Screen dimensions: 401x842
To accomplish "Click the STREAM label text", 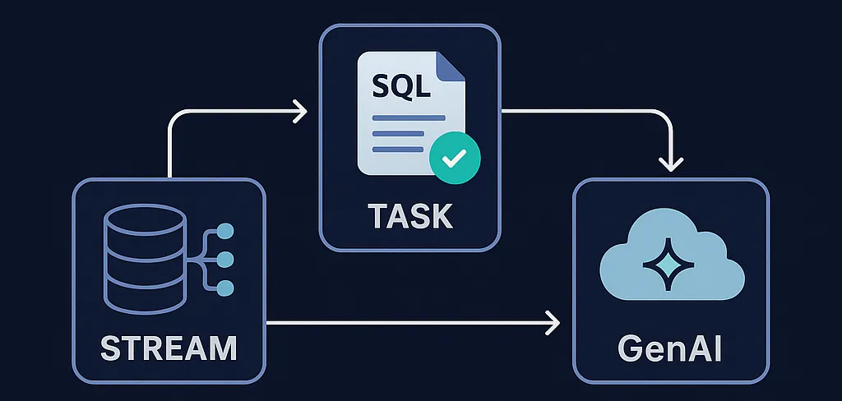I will click(x=168, y=348).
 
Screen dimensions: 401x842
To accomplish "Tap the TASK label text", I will click(x=409, y=215).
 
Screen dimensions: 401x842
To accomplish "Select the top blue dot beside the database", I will click(x=225, y=232).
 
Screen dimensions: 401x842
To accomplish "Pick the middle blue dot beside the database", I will click(x=225, y=260).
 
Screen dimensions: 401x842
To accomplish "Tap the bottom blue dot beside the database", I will click(x=225, y=288).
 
